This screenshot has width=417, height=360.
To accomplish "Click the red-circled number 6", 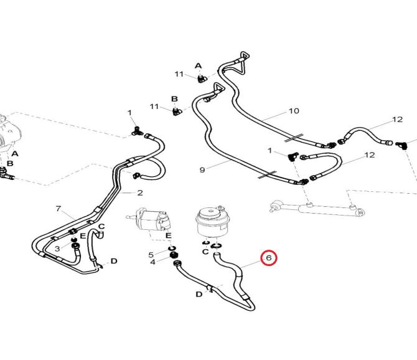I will [x=269, y=257].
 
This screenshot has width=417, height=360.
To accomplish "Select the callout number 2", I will [x=140, y=193].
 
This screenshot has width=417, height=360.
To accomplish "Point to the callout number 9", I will [x=202, y=169].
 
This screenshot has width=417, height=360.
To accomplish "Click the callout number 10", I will [x=294, y=111].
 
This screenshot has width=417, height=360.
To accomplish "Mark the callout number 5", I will [x=151, y=254].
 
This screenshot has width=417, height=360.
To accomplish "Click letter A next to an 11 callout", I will [x=199, y=65].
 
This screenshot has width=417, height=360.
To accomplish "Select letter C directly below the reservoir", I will [x=205, y=252].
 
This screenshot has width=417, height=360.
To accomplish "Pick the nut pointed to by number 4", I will [x=175, y=256].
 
